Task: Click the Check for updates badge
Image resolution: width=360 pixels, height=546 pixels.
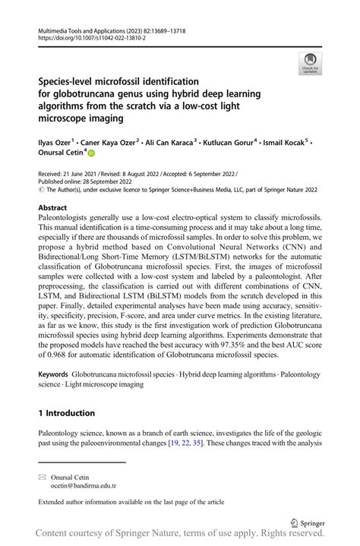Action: [309, 63]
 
